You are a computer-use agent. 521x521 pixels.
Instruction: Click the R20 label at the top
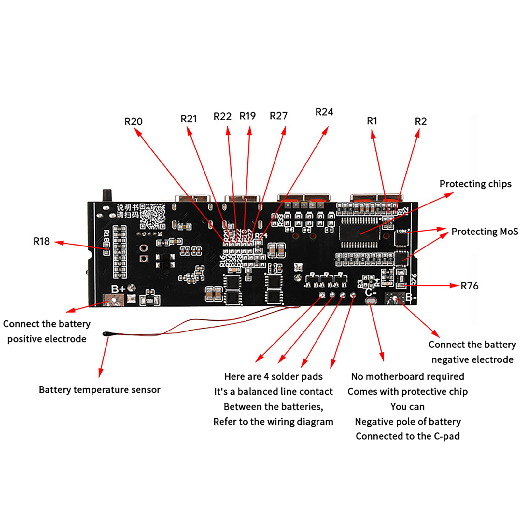click(134, 121)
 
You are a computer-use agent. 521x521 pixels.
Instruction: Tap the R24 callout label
click(324, 112)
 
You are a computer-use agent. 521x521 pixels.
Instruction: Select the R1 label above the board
click(372, 121)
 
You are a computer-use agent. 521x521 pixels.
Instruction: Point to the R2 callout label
click(420, 121)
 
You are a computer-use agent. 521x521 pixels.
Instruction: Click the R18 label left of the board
click(42, 241)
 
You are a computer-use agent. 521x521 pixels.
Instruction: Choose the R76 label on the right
click(469, 286)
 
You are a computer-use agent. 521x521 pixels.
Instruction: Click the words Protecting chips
click(475, 184)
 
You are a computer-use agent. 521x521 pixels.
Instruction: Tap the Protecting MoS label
click(485, 232)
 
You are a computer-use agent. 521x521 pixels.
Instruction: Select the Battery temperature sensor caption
click(100, 390)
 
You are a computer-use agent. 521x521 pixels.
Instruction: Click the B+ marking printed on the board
click(118, 289)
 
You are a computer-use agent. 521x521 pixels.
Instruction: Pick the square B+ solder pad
click(113, 300)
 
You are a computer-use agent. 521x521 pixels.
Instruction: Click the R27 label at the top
click(278, 116)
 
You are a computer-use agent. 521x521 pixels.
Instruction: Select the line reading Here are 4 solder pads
click(273, 377)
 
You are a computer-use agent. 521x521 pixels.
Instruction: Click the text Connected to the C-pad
click(408, 436)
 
